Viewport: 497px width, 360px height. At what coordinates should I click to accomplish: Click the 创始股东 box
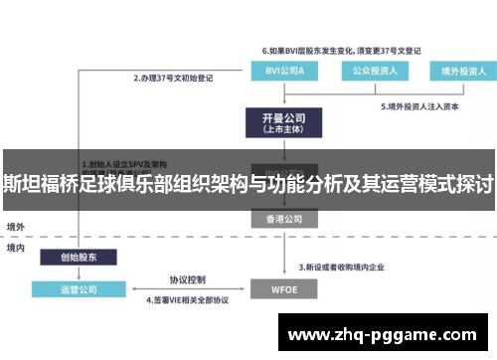[80, 256]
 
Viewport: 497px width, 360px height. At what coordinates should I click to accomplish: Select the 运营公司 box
[80, 289]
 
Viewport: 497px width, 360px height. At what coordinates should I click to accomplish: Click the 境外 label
[16, 227]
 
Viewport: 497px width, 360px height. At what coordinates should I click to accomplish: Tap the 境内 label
[16, 247]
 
